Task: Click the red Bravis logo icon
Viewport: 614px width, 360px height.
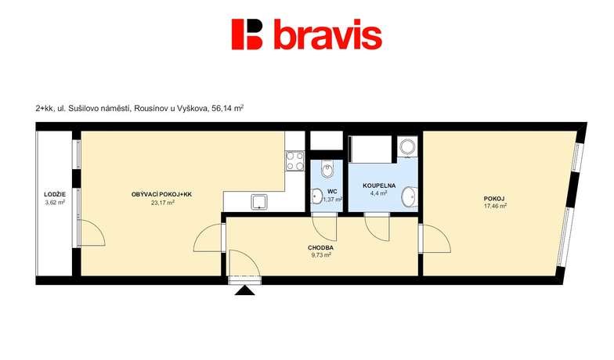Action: pos(247,34)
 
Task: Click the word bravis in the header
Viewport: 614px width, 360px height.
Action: pos(327,34)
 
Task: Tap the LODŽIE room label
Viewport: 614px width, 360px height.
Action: pos(55,194)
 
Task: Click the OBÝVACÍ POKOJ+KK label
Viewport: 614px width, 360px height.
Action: pos(161,194)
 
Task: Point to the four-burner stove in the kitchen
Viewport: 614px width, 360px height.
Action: pos(295,161)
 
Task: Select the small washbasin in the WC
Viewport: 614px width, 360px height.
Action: pos(316,196)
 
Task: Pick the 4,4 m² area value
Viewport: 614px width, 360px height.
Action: pos(379,193)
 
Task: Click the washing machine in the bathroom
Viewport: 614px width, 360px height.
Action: pos(407,146)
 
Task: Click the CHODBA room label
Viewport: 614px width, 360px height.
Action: pos(320,247)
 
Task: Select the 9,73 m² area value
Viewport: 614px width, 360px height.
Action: pos(320,255)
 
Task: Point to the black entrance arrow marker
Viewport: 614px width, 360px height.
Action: pos(244,290)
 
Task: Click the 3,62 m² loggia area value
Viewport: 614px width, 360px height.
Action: pos(55,202)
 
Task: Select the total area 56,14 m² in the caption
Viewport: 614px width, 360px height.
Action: pos(227,109)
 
